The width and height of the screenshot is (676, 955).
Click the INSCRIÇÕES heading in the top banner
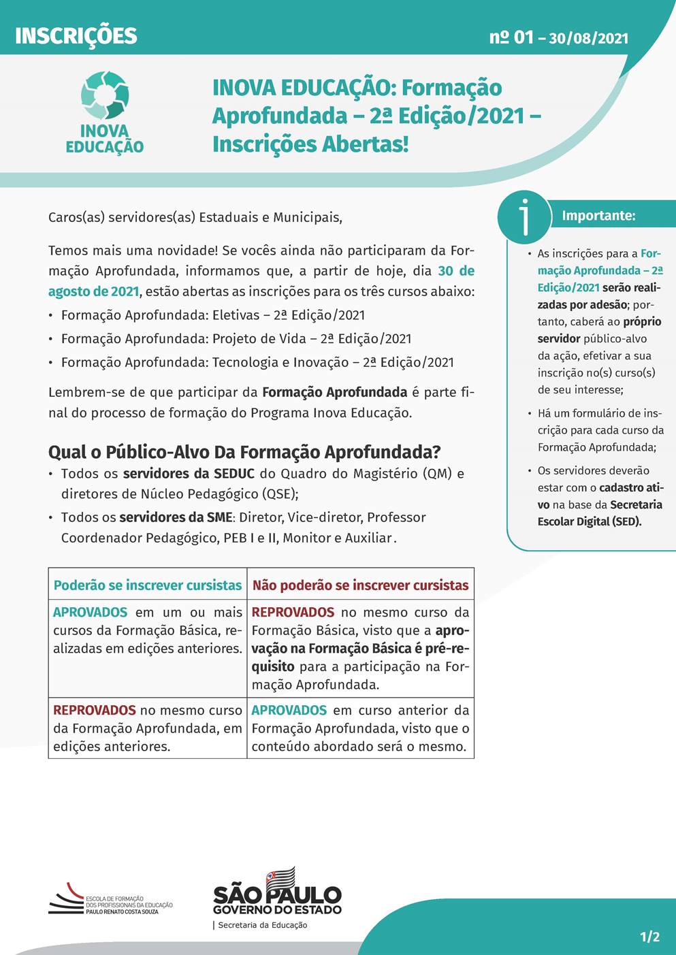tap(76, 35)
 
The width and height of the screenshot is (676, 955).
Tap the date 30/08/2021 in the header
tap(588, 38)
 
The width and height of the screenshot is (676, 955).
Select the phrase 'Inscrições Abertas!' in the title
tap(310, 144)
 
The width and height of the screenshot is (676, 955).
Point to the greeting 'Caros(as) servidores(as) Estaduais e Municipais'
tap(195, 217)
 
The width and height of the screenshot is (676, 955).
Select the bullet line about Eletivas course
tap(212, 315)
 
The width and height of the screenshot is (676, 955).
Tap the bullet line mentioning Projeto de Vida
tap(236, 339)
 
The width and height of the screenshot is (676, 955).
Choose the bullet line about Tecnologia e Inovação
tap(257, 362)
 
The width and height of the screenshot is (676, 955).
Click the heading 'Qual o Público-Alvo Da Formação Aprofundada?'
tap(244, 452)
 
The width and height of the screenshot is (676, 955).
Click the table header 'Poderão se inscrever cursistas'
tap(148, 585)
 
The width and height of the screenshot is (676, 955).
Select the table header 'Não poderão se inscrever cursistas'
tap(360, 585)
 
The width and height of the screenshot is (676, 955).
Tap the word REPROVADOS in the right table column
tap(293, 612)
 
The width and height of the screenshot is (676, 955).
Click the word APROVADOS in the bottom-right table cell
tap(289, 710)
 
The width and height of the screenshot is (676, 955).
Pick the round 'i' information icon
tap(524, 217)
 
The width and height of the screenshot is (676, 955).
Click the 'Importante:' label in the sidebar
tap(598, 216)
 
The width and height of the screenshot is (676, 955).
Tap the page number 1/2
tap(649, 937)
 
